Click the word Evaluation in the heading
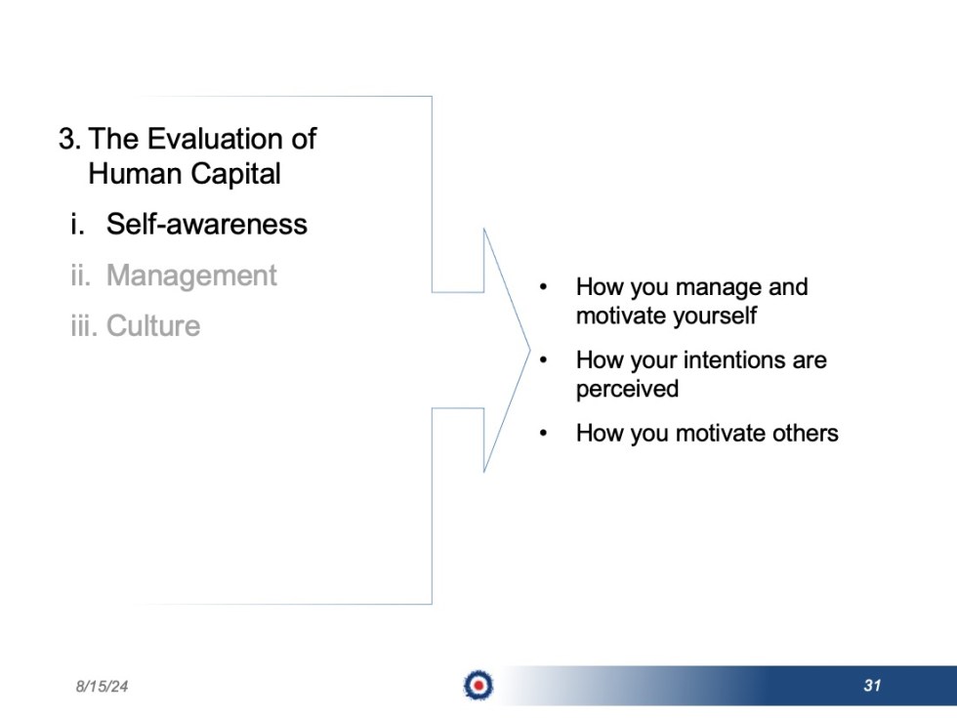(203, 139)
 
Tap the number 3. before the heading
(69, 139)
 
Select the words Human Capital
(185, 174)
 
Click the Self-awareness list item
(207, 225)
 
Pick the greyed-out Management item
(191, 275)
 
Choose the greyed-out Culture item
(153, 326)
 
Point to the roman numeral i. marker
(78, 225)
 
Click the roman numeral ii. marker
(80, 275)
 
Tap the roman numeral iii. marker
(83, 326)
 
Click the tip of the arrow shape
(528, 350)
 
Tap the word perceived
(627, 389)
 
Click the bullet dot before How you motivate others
(544, 433)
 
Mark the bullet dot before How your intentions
(544, 359)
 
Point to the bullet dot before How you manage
(544, 287)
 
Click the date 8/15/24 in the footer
(103, 687)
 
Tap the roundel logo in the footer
(478, 686)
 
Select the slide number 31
(872, 686)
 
